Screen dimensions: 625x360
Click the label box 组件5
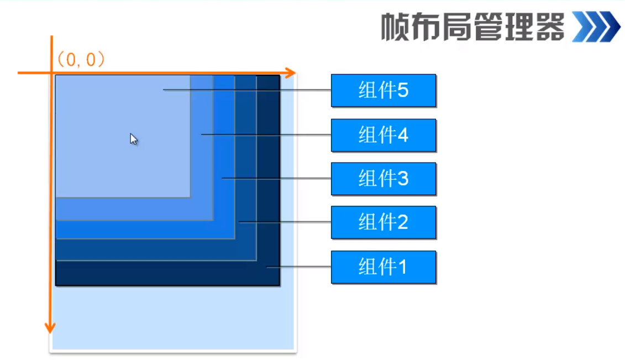tap(384, 90)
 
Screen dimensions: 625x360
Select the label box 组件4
tap(384, 135)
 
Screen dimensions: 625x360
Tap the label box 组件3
tap(384, 179)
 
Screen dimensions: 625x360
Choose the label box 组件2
tap(384, 222)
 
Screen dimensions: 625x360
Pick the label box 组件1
tap(384, 267)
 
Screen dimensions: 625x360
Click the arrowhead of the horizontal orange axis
tap(291, 72)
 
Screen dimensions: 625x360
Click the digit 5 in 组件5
tap(403, 90)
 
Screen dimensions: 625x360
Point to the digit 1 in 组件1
tap(402, 267)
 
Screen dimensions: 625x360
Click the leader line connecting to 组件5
tap(249, 90)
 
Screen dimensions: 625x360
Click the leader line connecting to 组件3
tap(276, 178)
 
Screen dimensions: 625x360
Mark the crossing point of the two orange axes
tap(51, 72)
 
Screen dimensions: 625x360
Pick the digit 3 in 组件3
tap(403, 179)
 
